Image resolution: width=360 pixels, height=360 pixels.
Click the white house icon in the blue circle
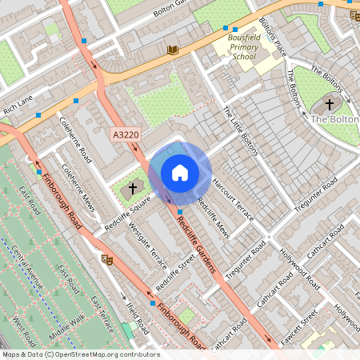180,173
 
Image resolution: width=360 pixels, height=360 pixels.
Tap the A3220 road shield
125,136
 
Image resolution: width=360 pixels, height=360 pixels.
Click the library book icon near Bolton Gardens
172,50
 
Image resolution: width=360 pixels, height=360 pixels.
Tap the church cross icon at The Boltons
329,104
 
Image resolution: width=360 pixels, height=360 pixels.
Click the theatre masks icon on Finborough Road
106,258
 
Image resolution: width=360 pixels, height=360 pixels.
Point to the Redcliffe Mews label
213,218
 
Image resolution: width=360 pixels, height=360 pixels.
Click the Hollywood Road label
297,270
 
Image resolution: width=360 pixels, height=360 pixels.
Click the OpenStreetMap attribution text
80,354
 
